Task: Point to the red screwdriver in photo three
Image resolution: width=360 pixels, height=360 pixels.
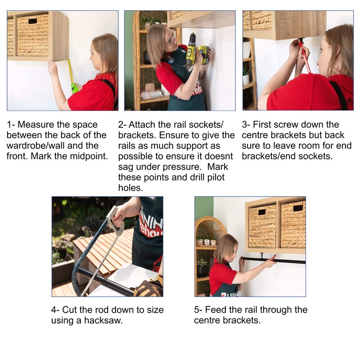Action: tap(304, 56)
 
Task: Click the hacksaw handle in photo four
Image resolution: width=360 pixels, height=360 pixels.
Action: tap(116, 220)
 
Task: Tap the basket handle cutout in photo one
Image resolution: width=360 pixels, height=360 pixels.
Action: tap(32, 21)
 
